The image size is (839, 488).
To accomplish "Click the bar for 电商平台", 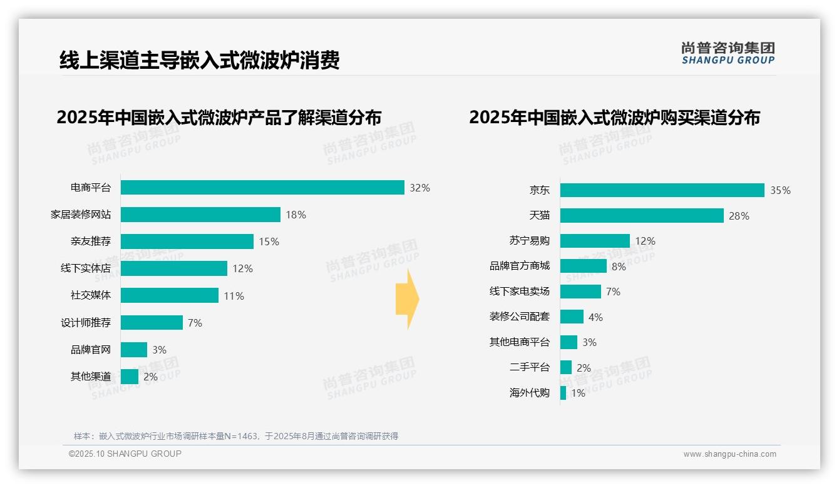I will click(262, 188).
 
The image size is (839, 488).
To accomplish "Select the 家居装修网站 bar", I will click(200, 215).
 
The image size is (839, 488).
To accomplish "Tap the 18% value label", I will click(296, 215).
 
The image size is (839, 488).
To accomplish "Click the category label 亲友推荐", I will click(91, 241).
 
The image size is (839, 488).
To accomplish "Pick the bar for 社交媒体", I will click(170, 295).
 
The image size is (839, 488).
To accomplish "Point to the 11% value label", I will click(234, 296).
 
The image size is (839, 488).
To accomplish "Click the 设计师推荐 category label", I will click(86, 323).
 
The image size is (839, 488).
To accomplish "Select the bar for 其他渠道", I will click(130, 377).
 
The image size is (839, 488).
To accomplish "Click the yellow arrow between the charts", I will click(408, 300).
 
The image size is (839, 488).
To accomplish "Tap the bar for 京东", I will click(662, 190).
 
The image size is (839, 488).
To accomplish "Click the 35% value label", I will click(780, 190).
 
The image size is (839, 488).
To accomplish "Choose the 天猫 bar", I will click(642, 216).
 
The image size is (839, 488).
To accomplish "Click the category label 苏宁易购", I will click(529, 241).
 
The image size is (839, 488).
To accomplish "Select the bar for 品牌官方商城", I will click(584, 266).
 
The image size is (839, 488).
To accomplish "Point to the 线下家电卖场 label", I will click(519, 292).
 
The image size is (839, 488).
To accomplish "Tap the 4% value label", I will click(595, 317).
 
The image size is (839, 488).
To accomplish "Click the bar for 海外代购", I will click(564, 393).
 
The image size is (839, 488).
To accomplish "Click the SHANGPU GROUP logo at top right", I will click(728, 53).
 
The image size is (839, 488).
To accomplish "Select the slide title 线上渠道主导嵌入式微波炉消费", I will click(199, 60).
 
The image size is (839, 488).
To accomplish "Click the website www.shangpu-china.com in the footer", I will click(729, 454).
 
